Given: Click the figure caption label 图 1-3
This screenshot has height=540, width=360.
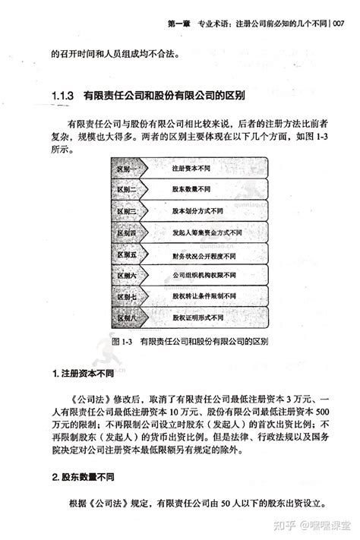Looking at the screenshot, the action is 122,342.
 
